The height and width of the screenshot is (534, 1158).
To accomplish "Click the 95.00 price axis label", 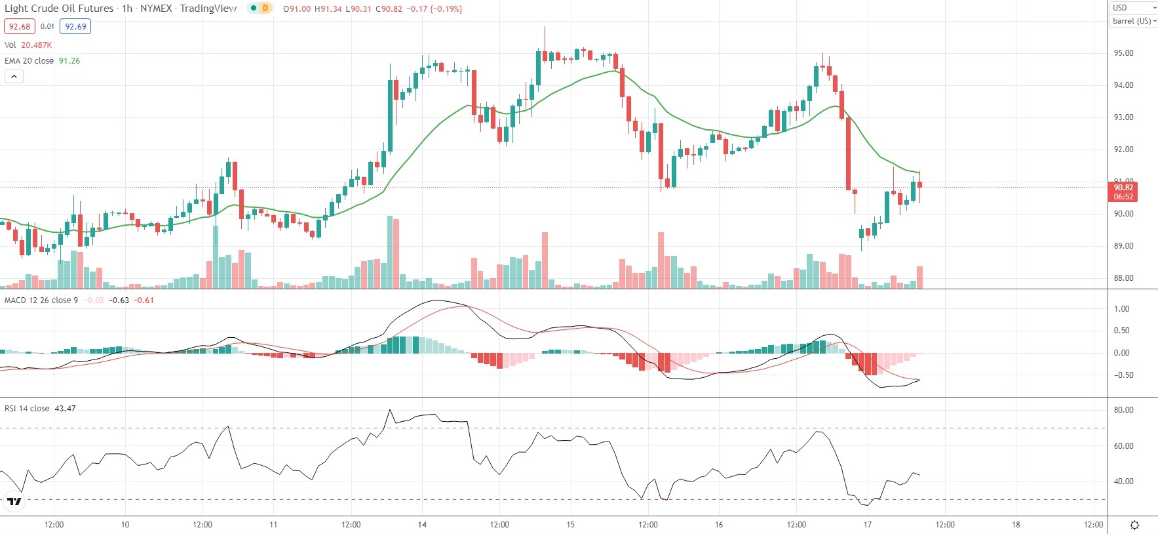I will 1123,53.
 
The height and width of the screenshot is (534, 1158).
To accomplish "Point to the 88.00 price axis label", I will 1123,278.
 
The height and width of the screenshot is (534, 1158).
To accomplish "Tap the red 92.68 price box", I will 20,27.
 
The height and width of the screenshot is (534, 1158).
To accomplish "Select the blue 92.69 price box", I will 75,27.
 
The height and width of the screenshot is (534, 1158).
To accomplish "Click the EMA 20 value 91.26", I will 69,61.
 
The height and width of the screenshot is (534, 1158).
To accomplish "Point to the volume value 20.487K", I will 36,45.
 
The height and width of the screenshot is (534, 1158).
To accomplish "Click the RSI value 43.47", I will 65,409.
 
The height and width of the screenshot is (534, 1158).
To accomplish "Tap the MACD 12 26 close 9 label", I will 41,300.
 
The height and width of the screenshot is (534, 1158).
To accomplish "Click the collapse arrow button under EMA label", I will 14,77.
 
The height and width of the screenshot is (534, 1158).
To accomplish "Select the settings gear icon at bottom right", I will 1135,525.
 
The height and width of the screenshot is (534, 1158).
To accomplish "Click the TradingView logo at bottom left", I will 14,502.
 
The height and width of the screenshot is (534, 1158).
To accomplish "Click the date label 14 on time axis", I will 422,525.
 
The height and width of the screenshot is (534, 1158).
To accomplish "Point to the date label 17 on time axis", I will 868,525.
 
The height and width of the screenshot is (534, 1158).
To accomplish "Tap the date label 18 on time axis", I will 1016,525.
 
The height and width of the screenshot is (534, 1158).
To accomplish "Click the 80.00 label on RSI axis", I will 1123,410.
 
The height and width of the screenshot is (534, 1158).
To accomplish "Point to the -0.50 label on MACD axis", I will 1121,375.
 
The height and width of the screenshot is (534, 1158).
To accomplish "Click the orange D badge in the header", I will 265,9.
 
